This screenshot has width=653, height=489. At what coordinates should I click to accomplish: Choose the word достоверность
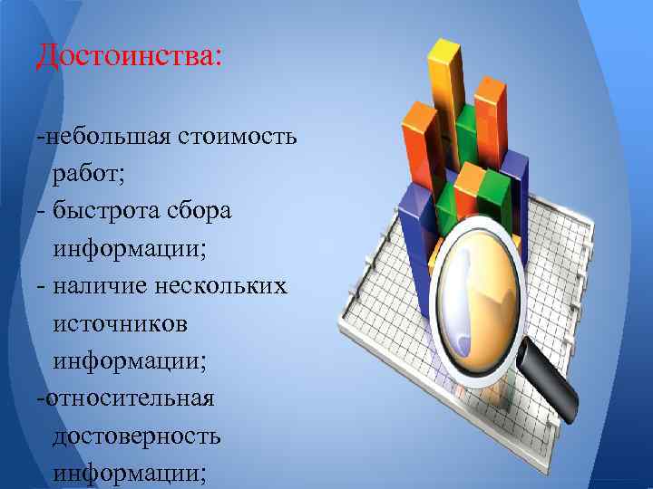point(136,436)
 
